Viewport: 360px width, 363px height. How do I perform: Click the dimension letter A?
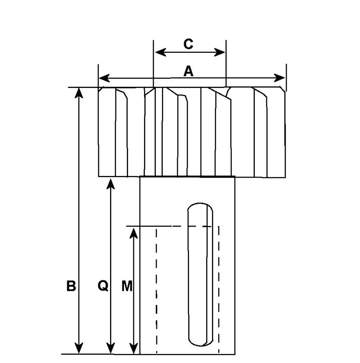(188, 71)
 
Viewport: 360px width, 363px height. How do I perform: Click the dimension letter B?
(71, 286)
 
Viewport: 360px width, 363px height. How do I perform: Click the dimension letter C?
(188, 44)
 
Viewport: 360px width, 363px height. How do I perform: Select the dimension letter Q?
(103, 286)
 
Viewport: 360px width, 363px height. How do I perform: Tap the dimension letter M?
(128, 286)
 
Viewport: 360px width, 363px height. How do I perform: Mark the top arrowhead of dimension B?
(79, 92)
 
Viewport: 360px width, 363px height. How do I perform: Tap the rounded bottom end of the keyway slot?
(200, 342)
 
